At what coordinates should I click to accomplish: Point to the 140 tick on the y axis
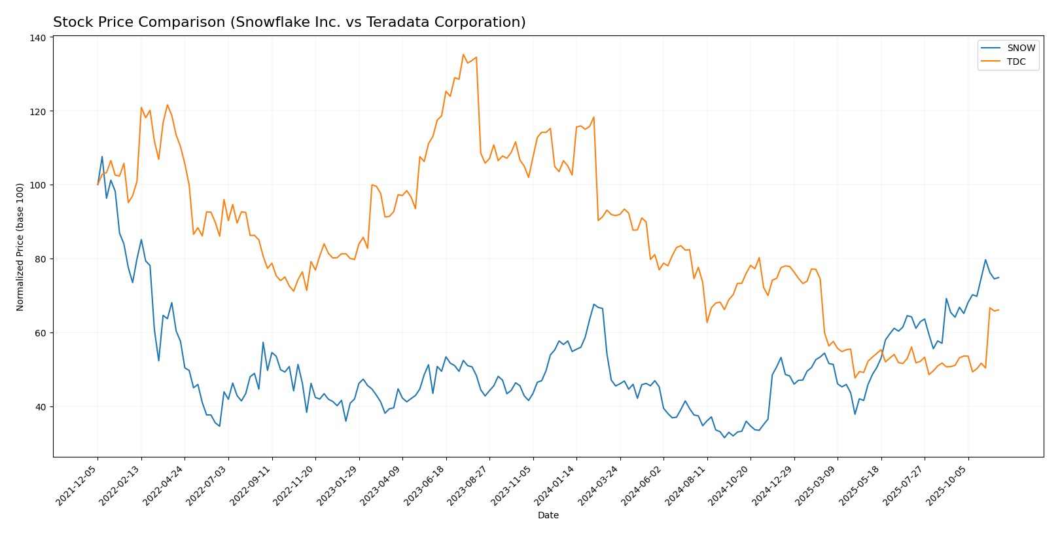39,38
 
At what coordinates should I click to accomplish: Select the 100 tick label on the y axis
39,185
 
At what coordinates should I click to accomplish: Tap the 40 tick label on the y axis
41,406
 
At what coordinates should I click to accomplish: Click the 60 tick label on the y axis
41,332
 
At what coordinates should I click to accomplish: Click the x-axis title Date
548,516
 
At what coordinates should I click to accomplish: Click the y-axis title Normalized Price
20,247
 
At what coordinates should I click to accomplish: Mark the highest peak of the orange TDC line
463,54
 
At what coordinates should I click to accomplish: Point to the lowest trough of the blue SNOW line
724,437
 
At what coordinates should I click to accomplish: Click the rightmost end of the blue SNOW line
998,277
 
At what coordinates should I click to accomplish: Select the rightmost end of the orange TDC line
998,310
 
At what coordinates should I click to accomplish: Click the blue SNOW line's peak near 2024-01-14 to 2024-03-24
593,304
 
